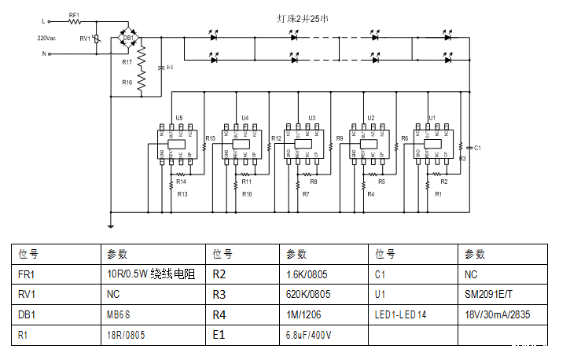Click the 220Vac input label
[x=46, y=38]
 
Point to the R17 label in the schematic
[x=127, y=61]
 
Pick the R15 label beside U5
[x=210, y=139]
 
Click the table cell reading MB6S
[x=119, y=315]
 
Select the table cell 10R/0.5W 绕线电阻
[x=149, y=274]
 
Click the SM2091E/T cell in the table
[x=489, y=295]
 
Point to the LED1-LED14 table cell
[x=401, y=315]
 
